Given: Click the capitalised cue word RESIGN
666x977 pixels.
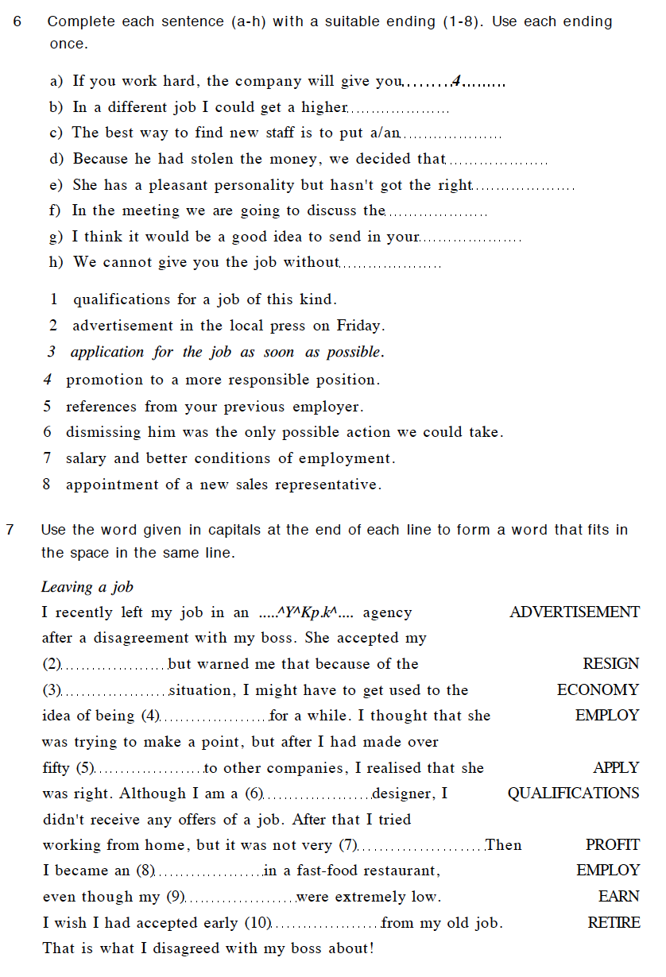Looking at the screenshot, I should (x=610, y=664).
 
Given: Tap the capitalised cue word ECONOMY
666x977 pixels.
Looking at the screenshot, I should (x=598, y=690).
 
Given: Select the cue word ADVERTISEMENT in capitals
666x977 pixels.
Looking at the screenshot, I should (x=574, y=612).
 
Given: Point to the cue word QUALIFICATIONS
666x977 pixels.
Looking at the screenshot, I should (x=573, y=794).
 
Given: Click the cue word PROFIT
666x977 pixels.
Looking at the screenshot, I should (x=612, y=845).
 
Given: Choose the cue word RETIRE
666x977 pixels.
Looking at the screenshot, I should (x=613, y=923).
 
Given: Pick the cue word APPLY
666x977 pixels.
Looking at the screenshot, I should (x=616, y=768).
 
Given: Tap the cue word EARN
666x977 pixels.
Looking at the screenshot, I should (x=618, y=897).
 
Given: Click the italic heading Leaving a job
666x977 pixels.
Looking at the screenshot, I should (x=87, y=588).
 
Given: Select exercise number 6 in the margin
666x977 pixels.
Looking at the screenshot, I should (x=18, y=21).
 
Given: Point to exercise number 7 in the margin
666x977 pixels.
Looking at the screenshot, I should (x=10, y=530).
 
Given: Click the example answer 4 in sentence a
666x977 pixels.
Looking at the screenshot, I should (x=456, y=81).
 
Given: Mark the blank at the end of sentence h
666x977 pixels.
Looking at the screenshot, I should (x=390, y=265).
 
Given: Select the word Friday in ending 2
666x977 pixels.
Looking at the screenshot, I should (x=360, y=326).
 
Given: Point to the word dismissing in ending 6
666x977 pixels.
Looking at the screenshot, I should (x=103, y=433).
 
